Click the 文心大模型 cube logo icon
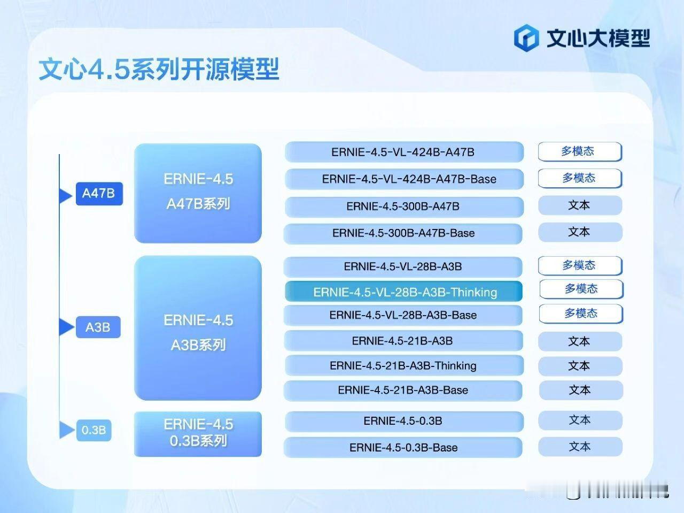click(526, 38)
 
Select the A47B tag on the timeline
click(99, 194)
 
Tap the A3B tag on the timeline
click(97, 327)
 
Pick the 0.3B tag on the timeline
click(94, 430)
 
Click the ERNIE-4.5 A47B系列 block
click(198, 193)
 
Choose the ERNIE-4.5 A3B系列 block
click(198, 328)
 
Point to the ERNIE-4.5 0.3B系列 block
click(198, 434)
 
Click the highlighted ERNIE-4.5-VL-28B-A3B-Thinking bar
click(405, 292)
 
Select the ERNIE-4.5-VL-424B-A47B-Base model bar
click(404, 179)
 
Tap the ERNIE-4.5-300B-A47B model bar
click(404, 206)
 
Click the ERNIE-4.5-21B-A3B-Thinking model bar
click(404, 366)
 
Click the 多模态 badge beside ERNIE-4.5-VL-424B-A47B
click(580, 151)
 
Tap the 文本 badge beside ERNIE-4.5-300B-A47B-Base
click(580, 232)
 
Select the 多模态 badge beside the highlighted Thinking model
click(581, 289)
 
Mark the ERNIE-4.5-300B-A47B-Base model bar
click(403, 233)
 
